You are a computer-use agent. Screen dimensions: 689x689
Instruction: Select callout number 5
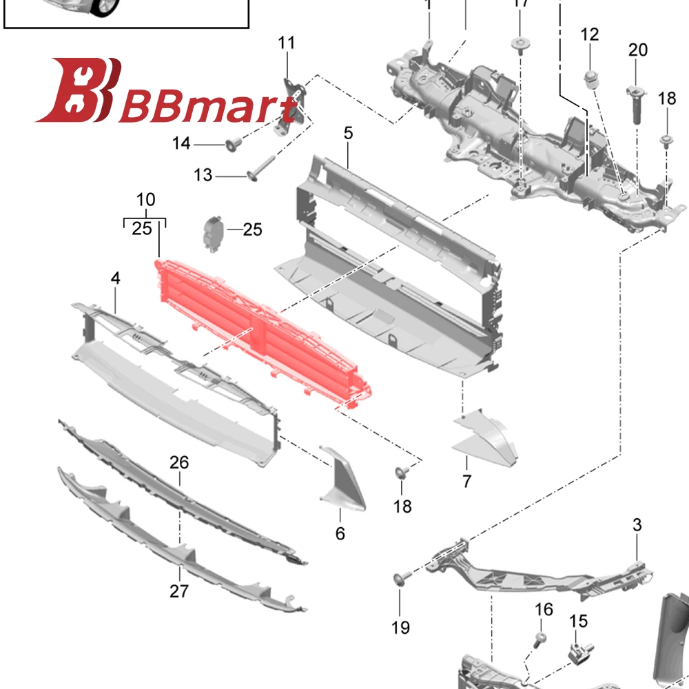coord(349,133)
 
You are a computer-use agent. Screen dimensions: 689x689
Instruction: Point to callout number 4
coord(115,278)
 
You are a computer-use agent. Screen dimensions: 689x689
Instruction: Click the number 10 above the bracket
coord(145,200)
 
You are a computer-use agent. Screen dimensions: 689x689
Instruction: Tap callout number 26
coord(179,462)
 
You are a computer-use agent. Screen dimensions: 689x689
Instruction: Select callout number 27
coord(179,590)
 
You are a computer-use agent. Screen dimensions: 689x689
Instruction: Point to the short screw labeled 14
coord(232,144)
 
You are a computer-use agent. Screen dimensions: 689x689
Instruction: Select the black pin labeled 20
coord(637,103)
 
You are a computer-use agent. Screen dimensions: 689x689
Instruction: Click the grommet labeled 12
coord(590,78)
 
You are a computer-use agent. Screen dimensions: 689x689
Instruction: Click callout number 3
coord(637,525)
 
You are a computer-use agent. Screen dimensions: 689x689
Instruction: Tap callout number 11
coord(286,43)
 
